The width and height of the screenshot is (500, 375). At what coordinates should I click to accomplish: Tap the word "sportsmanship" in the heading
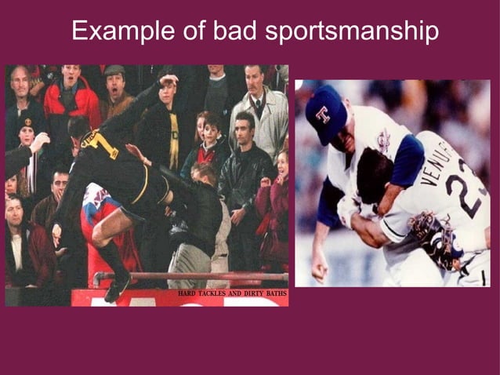pos(352,31)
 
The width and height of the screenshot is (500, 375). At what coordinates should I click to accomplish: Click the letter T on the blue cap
pos(322,114)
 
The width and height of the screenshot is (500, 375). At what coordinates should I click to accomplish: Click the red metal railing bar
pos(188,277)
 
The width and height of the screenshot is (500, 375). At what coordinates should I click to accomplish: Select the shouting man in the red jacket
pos(71,98)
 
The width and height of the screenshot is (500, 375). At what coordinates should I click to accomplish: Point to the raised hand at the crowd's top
pos(168,81)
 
